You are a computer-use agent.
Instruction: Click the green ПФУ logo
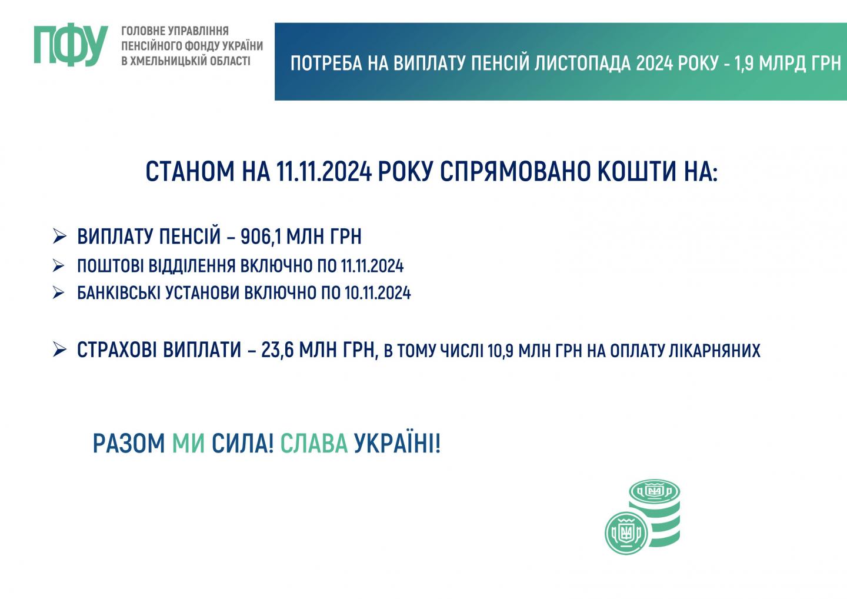tap(71, 46)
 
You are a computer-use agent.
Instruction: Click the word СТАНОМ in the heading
tap(190, 172)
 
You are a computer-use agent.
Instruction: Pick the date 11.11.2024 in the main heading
tap(324, 172)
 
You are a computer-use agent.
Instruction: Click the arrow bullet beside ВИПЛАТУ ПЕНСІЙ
tap(60, 237)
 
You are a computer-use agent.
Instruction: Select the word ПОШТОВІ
tap(111, 266)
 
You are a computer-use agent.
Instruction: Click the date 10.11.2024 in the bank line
tap(378, 292)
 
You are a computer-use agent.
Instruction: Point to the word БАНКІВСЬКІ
tap(119, 292)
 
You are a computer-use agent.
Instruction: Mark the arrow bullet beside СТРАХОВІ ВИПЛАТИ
tap(60, 350)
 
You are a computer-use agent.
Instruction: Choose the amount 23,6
tap(277, 350)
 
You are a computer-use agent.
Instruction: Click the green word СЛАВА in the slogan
tap(314, 444)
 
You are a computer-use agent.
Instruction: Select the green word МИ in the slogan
tap(188, 444)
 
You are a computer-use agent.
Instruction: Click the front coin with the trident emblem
tap(626, 533)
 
